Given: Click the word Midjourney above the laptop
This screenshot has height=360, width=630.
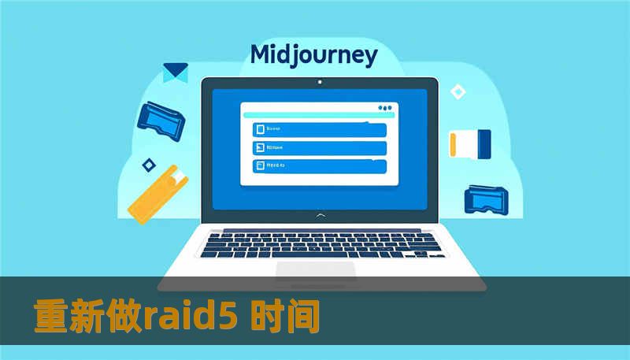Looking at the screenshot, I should tap(313, 56).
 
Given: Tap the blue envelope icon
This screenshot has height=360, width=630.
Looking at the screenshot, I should tap(175, 72).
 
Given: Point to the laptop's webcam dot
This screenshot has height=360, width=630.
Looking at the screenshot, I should tap(319, 82).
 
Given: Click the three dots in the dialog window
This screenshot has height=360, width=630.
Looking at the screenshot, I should tap(384, 108).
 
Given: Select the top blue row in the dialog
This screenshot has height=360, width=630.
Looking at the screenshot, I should tap(319, 129).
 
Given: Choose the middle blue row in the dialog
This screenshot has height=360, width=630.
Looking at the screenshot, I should tap(319, 147).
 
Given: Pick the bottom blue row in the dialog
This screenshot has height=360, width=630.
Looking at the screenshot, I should tap(319, 165).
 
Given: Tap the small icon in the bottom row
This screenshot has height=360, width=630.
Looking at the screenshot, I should tap(258, 165).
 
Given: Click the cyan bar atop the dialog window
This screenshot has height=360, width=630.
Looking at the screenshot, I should tap(307, 117).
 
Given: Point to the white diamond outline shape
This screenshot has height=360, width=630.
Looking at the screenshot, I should tap(458, 92).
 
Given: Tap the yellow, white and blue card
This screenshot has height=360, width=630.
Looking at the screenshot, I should tap(469, 143).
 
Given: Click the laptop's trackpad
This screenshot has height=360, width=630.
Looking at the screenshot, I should tap(315, 270).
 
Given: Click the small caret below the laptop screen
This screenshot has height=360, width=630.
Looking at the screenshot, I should tap(319, 214).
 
